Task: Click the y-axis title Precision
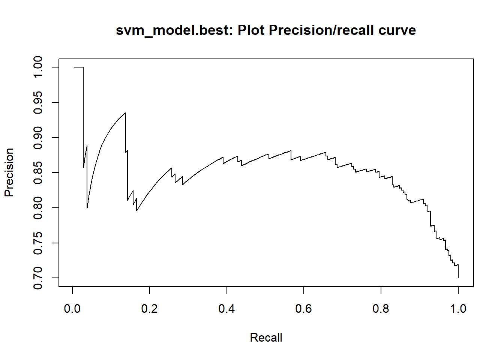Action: point(9,172)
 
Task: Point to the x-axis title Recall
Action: point(266,337)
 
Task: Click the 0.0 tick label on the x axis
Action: point(72,309)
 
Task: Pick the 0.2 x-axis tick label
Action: point(150,309)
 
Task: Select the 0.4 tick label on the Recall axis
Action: point(226,309)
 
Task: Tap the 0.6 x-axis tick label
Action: point(304,309)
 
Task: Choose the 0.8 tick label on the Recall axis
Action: point(381,309)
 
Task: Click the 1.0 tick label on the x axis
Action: point(458,309)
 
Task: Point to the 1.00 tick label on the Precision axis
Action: point(38,67)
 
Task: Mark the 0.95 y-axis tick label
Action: point(38,102)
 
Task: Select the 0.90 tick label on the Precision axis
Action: point(38,138)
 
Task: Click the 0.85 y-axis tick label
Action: point(38,172)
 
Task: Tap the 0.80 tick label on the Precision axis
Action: point(38,208)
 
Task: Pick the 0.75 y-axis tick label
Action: point(38,243)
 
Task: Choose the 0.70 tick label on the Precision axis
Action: point(38,278)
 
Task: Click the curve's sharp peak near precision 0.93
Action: point(125,113)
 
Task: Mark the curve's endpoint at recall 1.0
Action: point(458,277)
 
